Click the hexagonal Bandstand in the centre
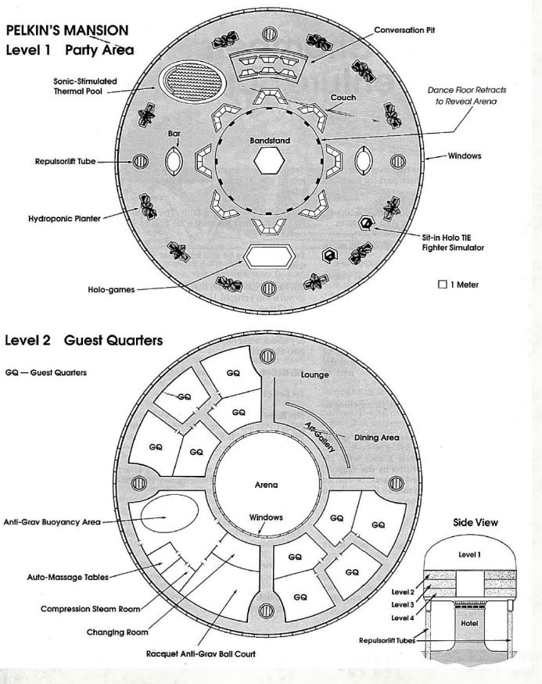(x=268, y=162)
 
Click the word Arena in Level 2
(x=267, y=485)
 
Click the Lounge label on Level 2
(x=316, y=375)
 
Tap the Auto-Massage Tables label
(x=64, y=578)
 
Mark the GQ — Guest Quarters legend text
(x=46, y=372)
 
